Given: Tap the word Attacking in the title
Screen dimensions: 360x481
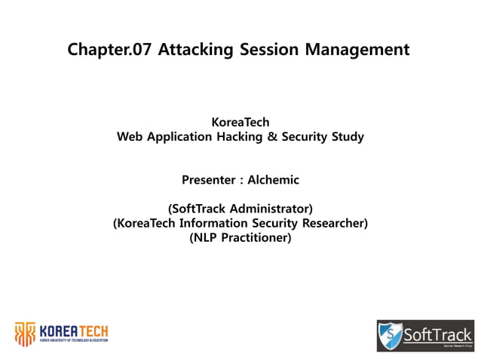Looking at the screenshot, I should [x=188, y=50].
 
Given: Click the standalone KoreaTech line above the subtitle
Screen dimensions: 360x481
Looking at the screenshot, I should [x=240, y=122].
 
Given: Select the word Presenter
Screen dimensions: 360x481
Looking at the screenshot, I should [x=208, y=180].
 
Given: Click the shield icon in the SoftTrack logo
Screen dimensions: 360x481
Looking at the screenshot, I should [x=390, y=335].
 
